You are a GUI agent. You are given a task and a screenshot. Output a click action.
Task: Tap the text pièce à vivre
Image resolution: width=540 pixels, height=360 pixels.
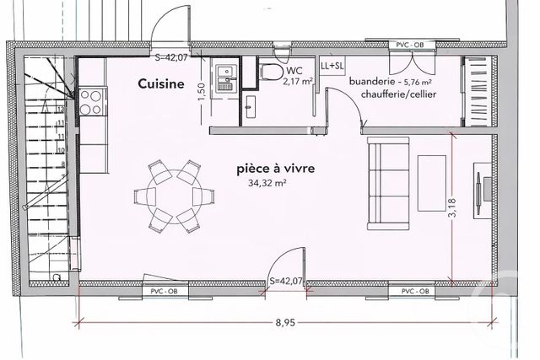(276, 169)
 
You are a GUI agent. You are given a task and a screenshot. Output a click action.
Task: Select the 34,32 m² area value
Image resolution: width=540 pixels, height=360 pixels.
(267, 183)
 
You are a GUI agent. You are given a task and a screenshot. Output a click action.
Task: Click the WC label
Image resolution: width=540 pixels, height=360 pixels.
(294, 71)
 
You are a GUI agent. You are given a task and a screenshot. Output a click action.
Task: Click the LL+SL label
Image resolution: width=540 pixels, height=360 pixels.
(332, 65)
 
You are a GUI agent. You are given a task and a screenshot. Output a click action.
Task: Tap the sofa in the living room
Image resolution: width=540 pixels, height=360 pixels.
(385, 184)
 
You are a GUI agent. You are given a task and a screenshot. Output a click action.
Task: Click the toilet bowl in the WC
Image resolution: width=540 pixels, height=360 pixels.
(269, 72)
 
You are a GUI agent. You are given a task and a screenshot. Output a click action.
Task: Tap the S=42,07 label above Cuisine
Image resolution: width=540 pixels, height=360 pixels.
(174, 58)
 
